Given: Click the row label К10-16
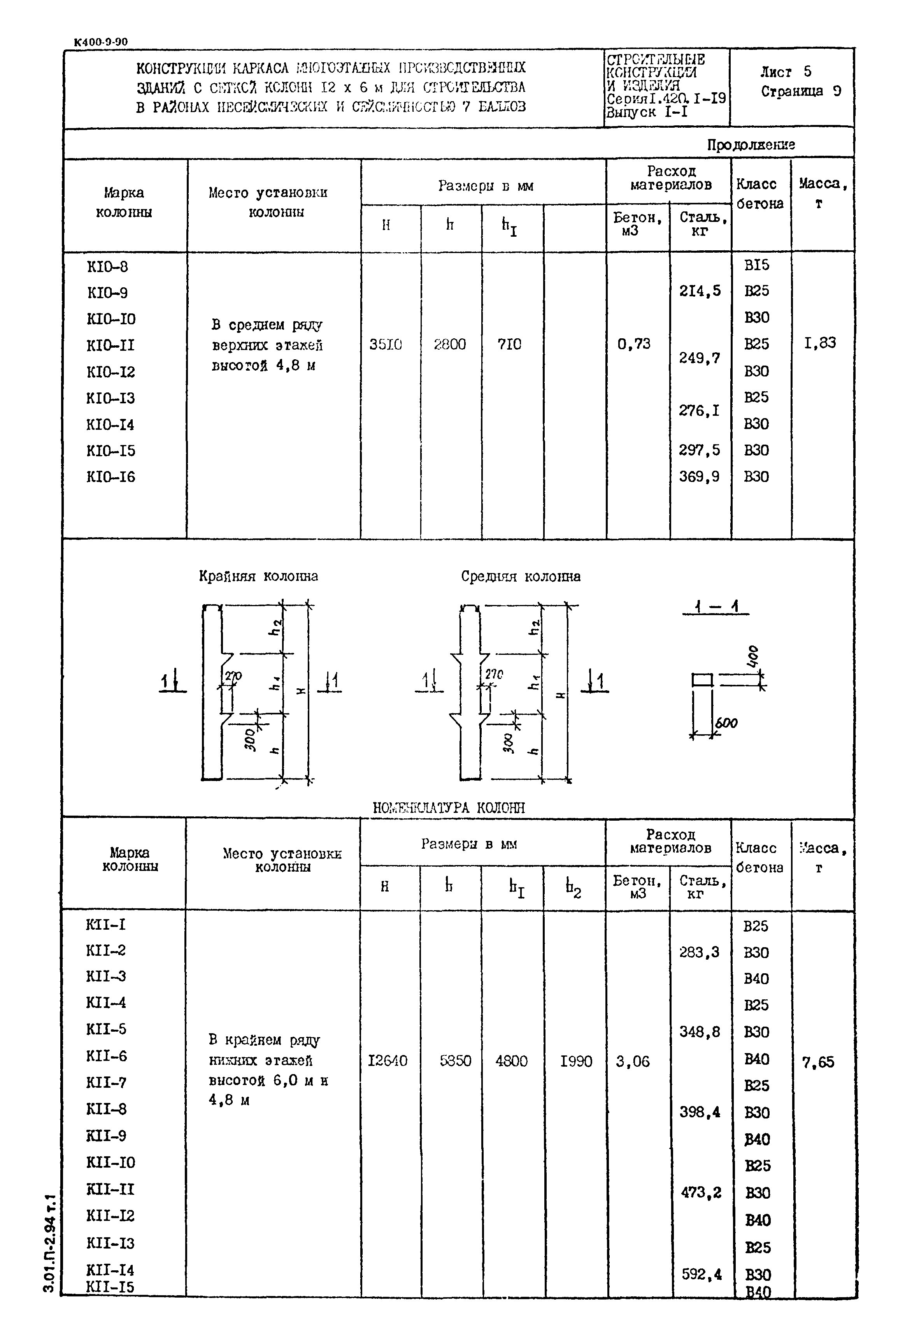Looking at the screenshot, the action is [110, 477].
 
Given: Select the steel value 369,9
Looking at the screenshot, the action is [699, 477].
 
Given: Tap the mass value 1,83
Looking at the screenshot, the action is [820, 343].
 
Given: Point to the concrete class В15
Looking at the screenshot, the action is [756, 266].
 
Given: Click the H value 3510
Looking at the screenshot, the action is [386, 345].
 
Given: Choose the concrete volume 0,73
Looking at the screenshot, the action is [633, 344].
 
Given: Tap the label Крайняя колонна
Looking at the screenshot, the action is [258, 576].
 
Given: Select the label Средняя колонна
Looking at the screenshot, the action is [521, 576].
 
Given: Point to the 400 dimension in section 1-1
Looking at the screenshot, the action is [754, 657].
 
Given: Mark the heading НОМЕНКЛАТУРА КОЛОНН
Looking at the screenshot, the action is [449, 808].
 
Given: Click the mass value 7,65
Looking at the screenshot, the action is [818, 1062].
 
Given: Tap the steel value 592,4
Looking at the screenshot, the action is [702, 1274].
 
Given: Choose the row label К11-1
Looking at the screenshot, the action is [105, 925].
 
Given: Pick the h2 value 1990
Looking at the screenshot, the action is [576, 1061].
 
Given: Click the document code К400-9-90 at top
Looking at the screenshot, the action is [101, 42].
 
